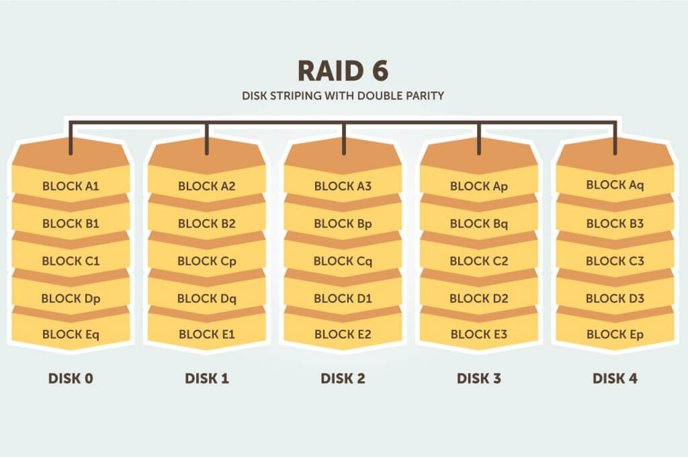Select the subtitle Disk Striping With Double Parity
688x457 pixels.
click(343, 95)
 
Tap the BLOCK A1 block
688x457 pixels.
click(71, 186)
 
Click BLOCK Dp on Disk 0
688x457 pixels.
click(71, 298)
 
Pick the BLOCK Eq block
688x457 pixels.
click(71, 334)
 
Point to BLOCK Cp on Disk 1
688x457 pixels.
click(207, 261)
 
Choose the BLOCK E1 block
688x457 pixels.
click(207, 334)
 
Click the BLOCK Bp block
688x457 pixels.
click(343, 224)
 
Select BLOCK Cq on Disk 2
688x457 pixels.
click(343, 261)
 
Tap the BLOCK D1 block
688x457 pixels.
click(343, 298)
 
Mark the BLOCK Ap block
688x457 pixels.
click(479, 186)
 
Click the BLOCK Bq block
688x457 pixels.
click(479, 224)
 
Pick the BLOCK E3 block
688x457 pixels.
click(479, 334)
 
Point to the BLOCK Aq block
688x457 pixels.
click(615, 185)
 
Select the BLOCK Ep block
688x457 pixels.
click(615, 334)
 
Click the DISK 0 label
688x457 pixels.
click(71, 378)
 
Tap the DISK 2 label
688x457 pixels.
click(343, 378)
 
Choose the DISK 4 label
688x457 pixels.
click(615, 378)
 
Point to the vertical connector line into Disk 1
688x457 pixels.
click(207, 138)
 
